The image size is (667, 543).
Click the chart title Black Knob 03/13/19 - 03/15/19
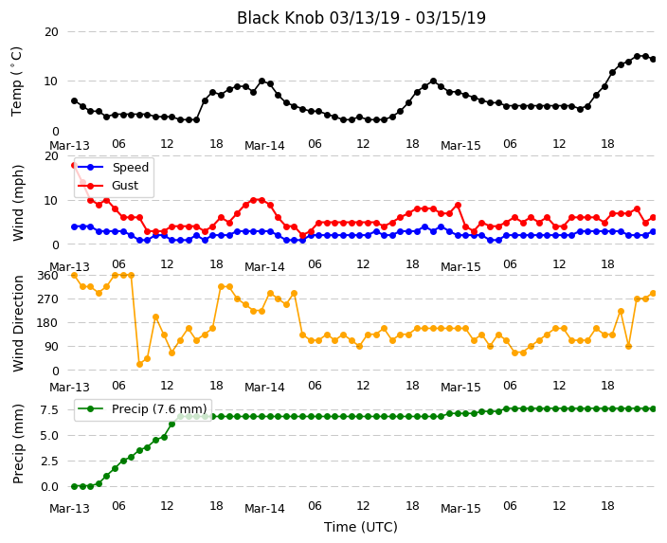point(361,18)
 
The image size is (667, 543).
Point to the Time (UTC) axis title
point(361,527)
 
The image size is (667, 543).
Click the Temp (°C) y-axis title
point(16,81)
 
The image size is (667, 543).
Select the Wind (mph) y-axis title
point(18,203)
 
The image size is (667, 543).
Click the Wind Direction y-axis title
point(18,323)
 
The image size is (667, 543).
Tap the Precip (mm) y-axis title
point(18,443)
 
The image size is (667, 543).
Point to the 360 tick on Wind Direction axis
point(47,276)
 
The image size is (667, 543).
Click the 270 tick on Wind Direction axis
point(47,299)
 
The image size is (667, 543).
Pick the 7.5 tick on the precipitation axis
point(49,410)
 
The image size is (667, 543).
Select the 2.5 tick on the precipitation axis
point(49,462)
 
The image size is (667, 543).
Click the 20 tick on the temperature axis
point(51,32)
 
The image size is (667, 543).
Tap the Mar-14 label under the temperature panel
point(264,146)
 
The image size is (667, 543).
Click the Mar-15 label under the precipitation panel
point(460,509)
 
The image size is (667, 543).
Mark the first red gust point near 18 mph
point(75,165)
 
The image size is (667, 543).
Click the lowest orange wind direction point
point(139,364)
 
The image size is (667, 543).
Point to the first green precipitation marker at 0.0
point(75,486)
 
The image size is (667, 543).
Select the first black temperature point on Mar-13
point(75,100)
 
